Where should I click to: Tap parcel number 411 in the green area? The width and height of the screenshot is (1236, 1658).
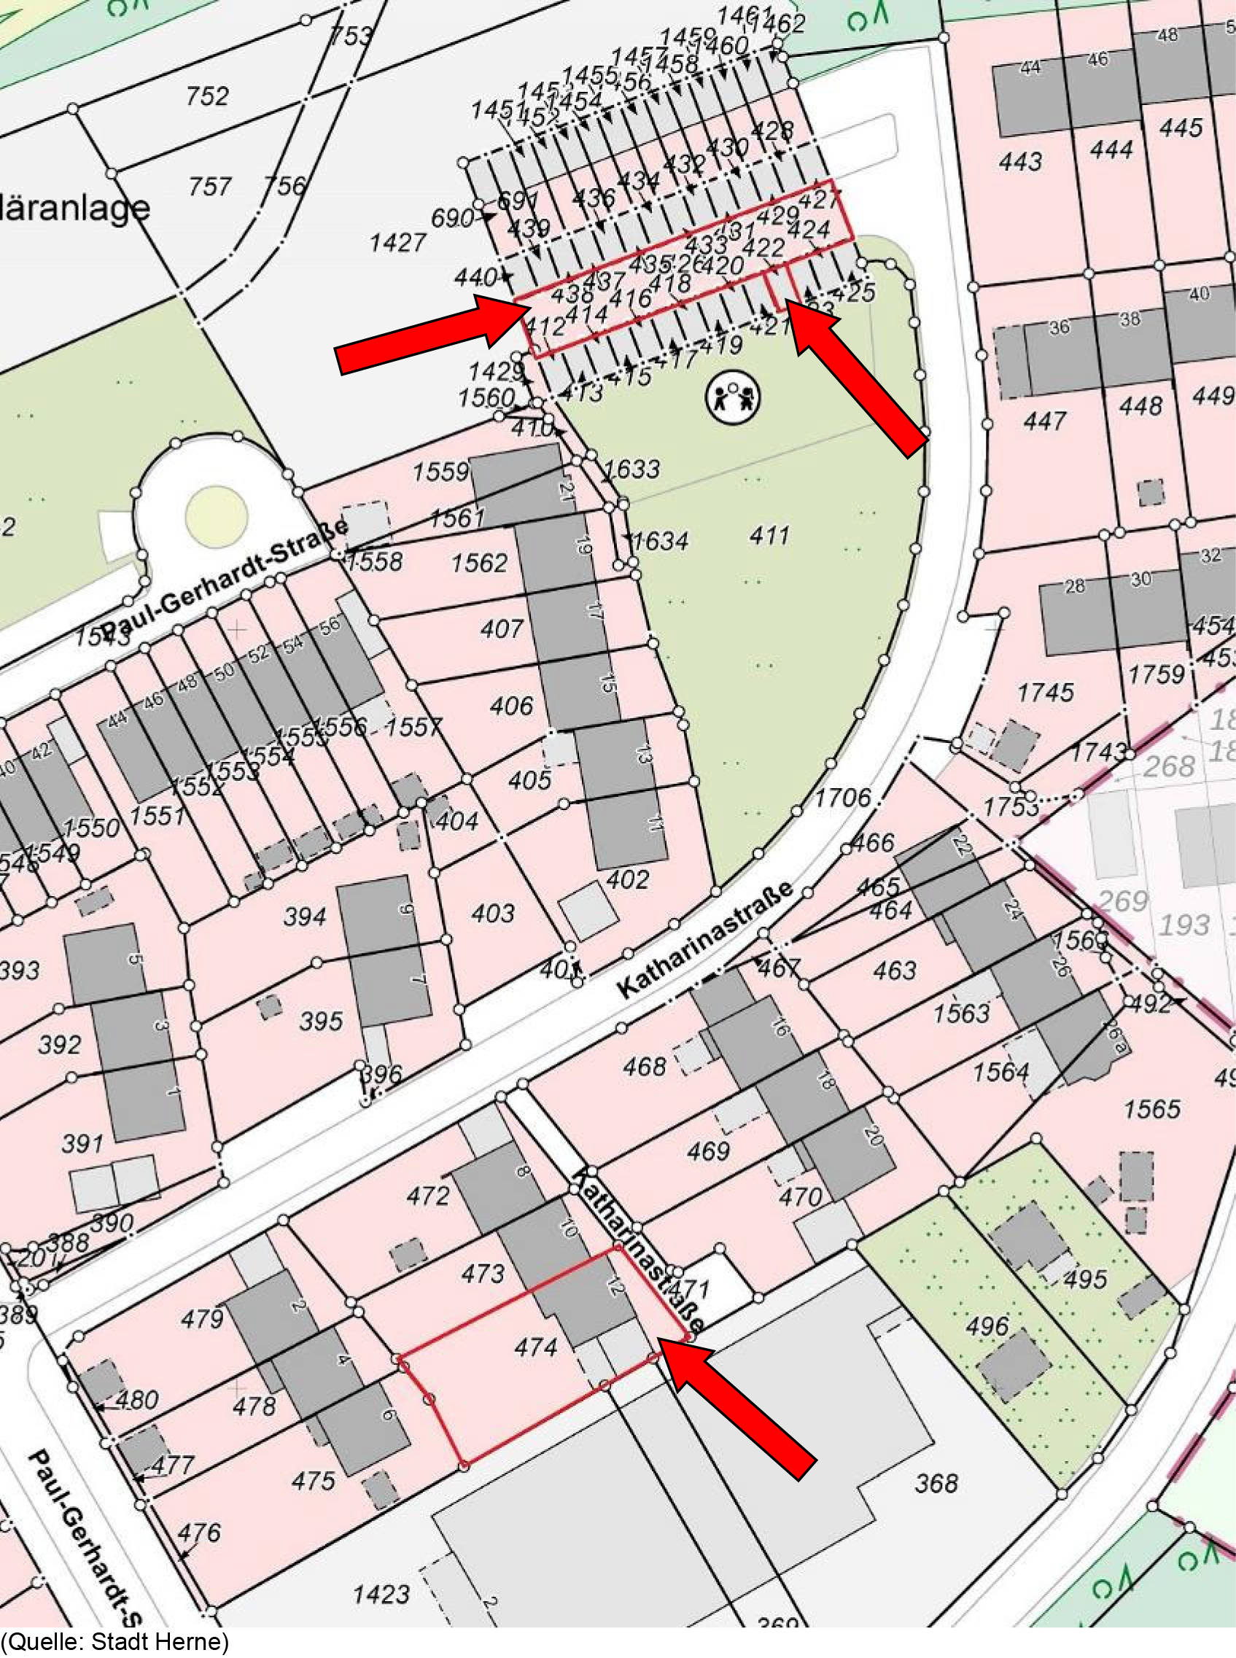click(x=769, y=535)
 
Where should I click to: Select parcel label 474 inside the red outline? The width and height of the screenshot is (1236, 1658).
click(x=537, y=1347)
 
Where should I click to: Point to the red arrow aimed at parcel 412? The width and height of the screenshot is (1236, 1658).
click(x=427, y=335)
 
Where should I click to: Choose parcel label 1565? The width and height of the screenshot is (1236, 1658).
click(x=1151, y=1108)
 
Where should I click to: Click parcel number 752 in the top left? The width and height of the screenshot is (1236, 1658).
click(x=207, y=96)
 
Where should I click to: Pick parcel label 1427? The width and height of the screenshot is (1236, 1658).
click(x=397, y=242)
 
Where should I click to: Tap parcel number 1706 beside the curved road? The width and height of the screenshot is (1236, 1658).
click(x=842, y=798)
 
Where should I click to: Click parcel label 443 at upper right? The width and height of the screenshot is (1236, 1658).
click(x=1019, y=161)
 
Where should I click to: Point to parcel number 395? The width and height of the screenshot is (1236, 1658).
click(x=321, y=1021)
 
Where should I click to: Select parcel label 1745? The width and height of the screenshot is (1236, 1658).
click(x=1045, y=692)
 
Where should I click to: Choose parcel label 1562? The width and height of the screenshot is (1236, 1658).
click(x=479, y=563)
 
